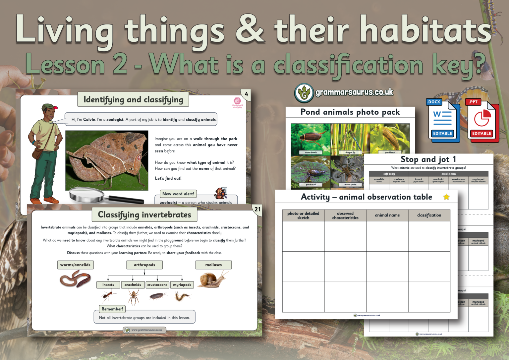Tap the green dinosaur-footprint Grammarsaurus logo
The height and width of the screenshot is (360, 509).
pos(304,93)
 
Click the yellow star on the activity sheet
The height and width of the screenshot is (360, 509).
pos(446,197)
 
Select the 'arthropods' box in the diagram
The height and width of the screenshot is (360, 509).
pos(144,265)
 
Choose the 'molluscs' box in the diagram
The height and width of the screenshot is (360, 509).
pos(213,265)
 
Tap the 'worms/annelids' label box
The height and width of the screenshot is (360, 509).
pos(75,265)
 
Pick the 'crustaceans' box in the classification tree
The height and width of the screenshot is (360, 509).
pos(157,285)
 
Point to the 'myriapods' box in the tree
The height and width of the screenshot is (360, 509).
pos(182,285)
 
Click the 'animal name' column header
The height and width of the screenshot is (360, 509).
pos(387,215)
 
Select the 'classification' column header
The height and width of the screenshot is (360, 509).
pos(429,215)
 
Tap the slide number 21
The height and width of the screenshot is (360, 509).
pos(257,209)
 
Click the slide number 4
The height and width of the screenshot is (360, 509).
pos(246,94)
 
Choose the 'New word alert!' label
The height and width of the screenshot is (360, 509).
pos(178,194)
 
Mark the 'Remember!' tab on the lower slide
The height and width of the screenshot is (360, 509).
pos(112,309)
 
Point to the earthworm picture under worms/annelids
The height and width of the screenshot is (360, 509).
pos(76,279)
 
